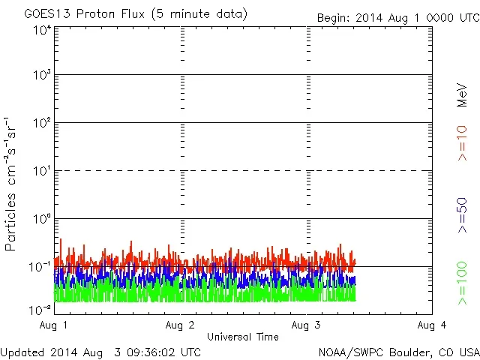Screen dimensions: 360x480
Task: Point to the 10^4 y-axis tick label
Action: click(42, 30)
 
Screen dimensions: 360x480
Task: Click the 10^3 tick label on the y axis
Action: click(42, 76)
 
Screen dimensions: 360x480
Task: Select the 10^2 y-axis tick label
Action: click(42, 123)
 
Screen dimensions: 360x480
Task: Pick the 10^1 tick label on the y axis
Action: click(42, 171)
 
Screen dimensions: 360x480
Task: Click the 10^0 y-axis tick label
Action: click(42, 219)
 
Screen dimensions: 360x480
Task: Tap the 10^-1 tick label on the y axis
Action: click(40, 267)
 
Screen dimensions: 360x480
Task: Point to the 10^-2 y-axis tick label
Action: click(40, 309)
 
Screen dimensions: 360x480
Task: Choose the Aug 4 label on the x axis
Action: click(432, 325)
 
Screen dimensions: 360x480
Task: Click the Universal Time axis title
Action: click(243, 337)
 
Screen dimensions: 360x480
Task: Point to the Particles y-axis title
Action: click(11, 184)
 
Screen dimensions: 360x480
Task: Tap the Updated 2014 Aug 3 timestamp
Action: click(101, 351)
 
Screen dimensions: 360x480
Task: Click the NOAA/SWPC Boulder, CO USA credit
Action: click(398, 351)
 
